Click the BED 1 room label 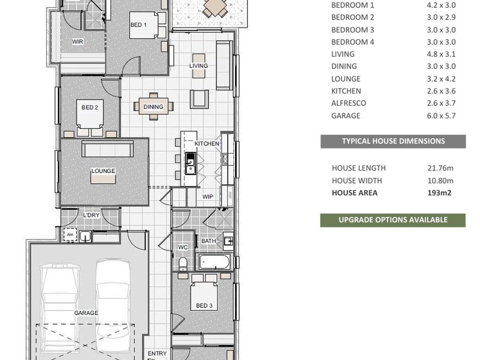138,25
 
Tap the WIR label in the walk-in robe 78,42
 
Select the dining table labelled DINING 154,106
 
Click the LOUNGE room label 103,171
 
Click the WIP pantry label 208,197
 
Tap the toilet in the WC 183,264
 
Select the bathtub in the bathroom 214,262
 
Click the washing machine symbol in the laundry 70,235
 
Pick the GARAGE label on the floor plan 86,313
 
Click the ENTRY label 157,353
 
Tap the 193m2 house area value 439,193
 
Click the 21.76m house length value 440,168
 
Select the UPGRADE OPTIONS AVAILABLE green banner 393,220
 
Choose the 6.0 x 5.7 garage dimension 441,116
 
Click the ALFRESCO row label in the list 348,103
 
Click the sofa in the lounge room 107,149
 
